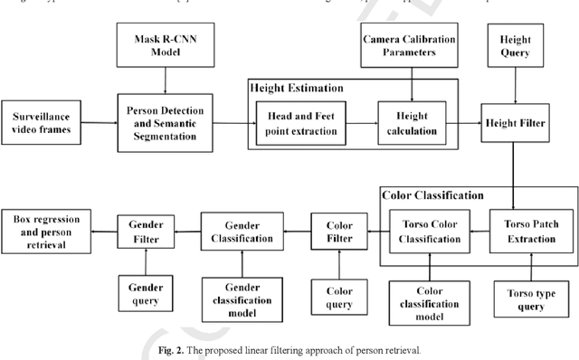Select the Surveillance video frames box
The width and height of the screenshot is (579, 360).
[x=49, y=122]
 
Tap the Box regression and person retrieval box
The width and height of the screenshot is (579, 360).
[x=47, y=226]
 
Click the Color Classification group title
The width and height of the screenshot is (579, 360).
[x=432, y=194]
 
